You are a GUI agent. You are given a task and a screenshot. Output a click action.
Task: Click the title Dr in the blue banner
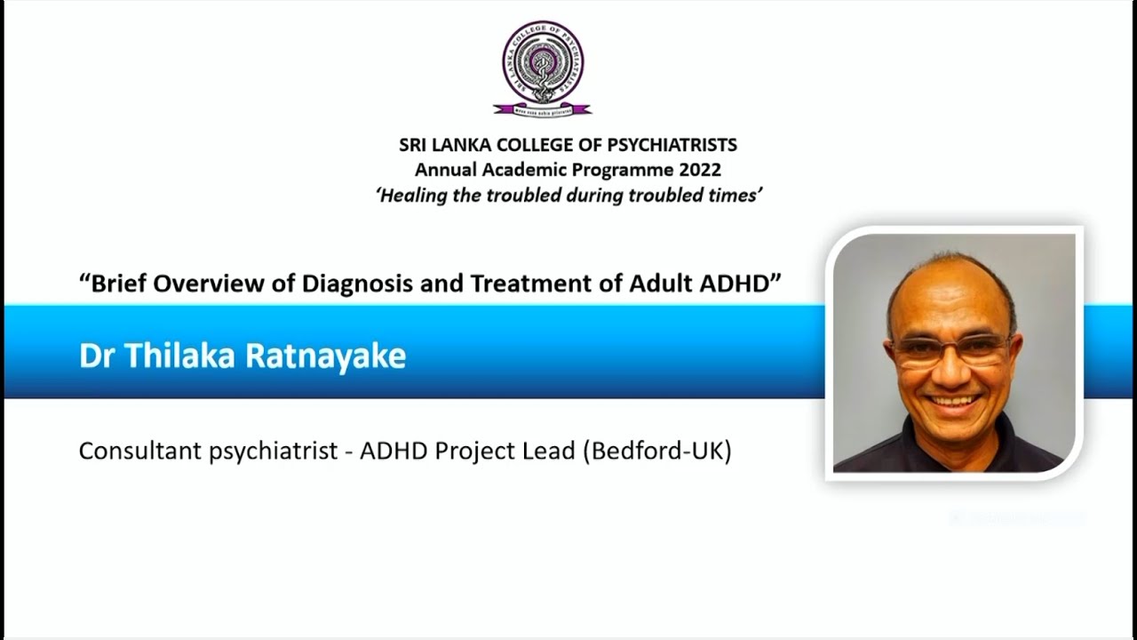[x=98, y=356]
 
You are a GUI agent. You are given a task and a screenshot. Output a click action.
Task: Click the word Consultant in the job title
[x=139, y=452]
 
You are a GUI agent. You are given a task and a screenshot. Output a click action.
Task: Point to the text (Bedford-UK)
[x=656, y=452]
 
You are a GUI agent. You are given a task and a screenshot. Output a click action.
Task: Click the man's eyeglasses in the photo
[x=951, y=349]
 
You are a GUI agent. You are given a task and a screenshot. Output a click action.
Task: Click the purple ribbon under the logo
[x=543, y=110]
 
